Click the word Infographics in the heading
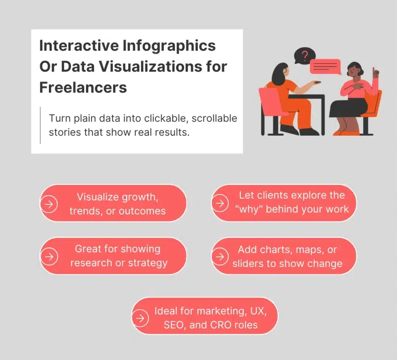(x=169, y=46)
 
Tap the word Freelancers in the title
(x=83, y=87)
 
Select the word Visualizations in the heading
(x=150, y=67)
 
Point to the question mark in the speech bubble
(x=305, y=55)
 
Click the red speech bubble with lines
(x=325, y=67)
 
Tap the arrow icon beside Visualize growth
(x=49, y=204)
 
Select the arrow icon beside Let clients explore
(x=220, y=203)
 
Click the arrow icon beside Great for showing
(x=49, y=257)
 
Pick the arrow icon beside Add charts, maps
(x=220, y=257)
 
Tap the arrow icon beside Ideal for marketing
(x=140, y=318)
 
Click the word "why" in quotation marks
(x=249, y=209)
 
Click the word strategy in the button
(x=148, y=263)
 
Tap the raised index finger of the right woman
(x=373, y=71)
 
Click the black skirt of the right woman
(x=349, y=108)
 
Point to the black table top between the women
(x=306, y=96)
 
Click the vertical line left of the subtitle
(x=40, y=125)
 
